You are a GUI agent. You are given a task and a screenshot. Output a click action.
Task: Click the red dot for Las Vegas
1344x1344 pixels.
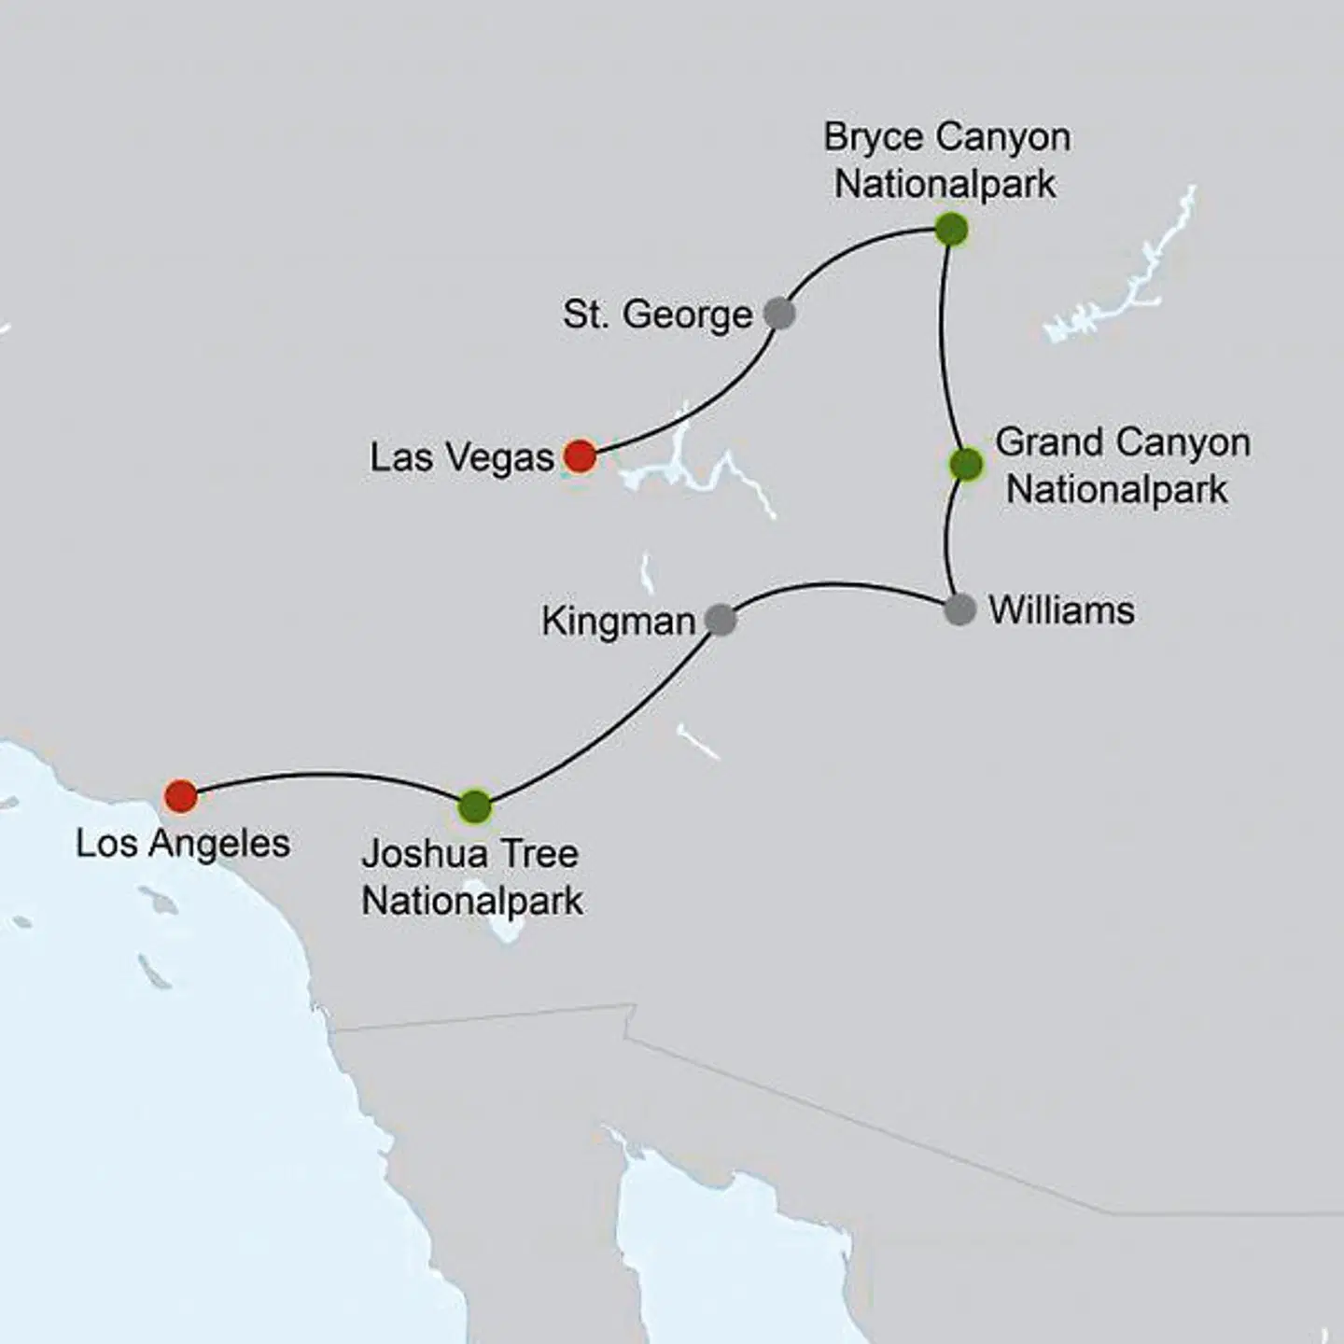point(580,456)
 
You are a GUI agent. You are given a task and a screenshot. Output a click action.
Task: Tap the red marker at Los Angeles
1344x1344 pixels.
point(181,796)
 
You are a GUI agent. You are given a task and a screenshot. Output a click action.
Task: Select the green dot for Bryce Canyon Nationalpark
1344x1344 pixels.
point(951,230)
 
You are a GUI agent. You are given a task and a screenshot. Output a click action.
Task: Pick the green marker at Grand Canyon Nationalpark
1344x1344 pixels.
point(966,464)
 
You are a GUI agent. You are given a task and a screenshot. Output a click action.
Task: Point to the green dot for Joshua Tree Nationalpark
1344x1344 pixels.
point(475,805)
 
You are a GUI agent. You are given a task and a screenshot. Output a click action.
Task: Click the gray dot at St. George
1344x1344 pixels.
point(779,314)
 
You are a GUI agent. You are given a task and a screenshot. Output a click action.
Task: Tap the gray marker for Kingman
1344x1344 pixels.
point(721,619)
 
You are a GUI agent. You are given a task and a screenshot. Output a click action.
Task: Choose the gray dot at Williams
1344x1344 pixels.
point(960,610)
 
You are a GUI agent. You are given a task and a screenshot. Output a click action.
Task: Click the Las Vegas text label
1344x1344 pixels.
point(462,457)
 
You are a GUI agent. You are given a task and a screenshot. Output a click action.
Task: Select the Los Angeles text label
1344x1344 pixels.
point(183,844)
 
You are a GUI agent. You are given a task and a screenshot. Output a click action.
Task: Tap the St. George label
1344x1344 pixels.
point(657,315)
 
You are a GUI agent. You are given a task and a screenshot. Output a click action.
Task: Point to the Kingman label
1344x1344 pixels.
point(618,621)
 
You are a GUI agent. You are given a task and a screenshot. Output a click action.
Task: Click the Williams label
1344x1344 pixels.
point(1061,610)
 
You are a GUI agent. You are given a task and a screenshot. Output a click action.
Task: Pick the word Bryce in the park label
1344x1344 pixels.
point(873,138)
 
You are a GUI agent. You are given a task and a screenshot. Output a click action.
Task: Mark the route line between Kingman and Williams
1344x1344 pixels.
point(840,585)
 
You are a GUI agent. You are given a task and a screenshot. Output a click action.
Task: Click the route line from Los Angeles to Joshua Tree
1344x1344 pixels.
point(327,774)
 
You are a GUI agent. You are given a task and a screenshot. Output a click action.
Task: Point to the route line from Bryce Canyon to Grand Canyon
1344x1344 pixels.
point(943,345)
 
